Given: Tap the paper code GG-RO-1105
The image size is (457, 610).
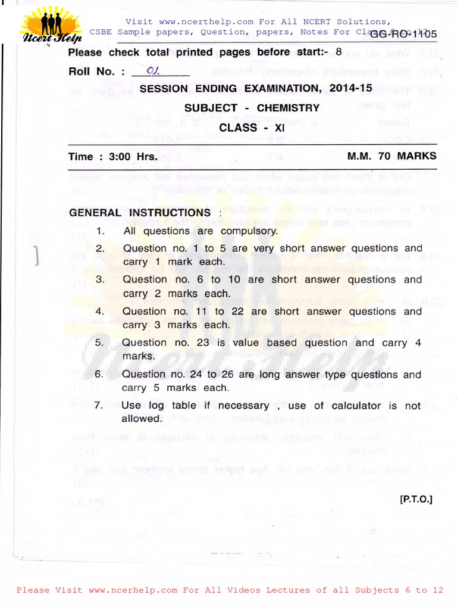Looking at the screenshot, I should [403, 34].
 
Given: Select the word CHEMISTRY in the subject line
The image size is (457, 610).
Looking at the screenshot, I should [289, 108].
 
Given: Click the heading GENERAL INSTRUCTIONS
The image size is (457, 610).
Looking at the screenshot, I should [140, 213].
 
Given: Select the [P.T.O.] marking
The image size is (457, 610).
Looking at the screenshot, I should [416, 499].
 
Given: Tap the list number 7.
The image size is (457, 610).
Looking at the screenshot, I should [99, 406].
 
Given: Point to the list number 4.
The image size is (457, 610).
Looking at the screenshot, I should [99, 311].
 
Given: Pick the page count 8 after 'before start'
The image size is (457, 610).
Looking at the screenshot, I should [339, 52].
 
